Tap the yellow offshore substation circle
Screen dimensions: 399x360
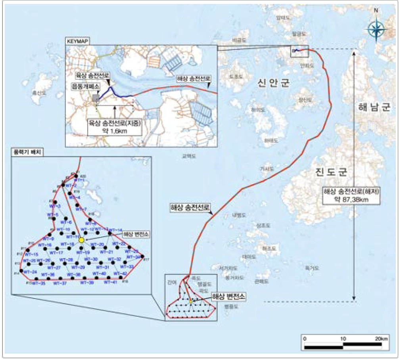81,240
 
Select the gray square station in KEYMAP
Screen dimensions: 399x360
95,98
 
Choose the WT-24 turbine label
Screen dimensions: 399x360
31,272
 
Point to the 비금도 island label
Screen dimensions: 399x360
240,40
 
